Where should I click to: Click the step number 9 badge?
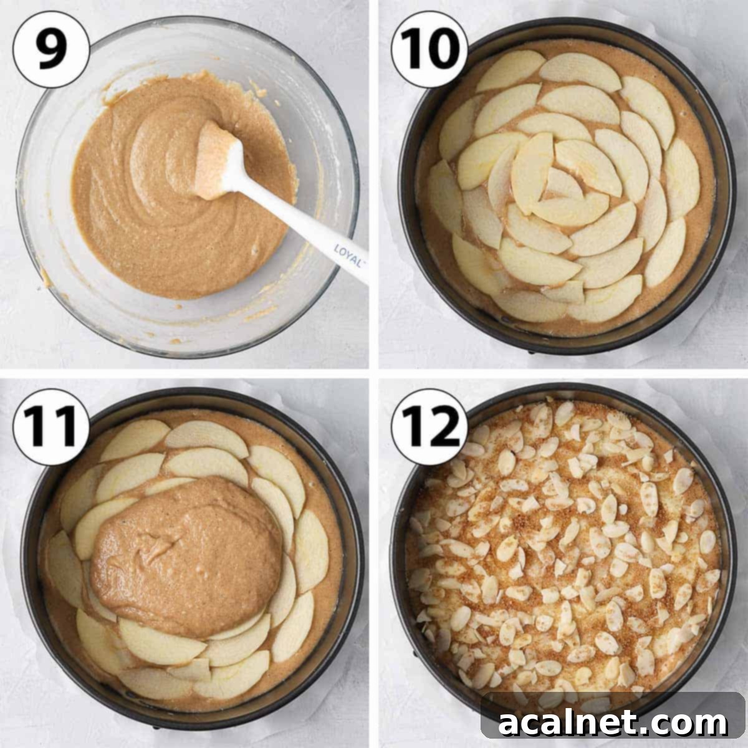(x=51, y=49)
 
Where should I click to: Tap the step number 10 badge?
(x=429, y=49)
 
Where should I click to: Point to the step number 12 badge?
(x=429, y=426)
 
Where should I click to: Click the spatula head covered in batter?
(x=215, y=159)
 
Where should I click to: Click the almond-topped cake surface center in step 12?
(x=561, y=549)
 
